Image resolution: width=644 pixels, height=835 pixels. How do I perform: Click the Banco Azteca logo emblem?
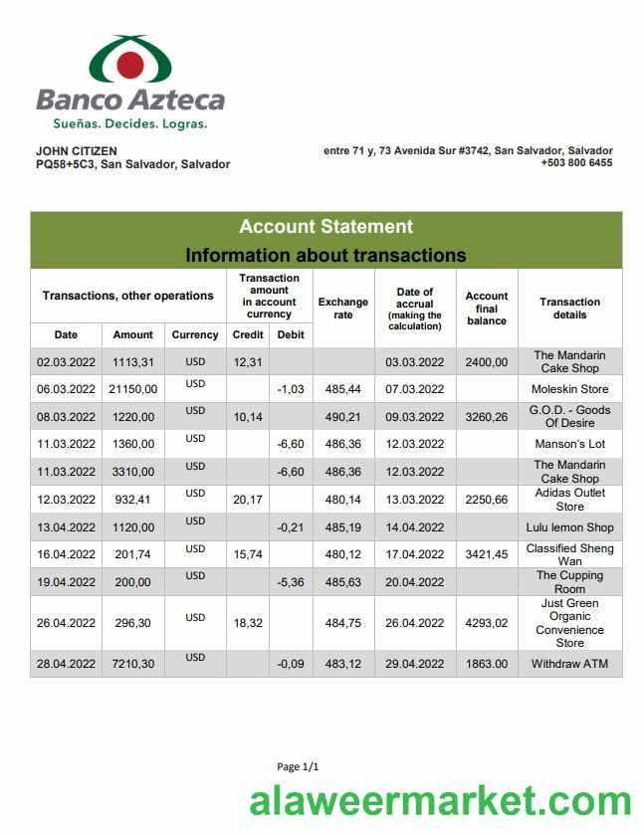pyautogui.click(x=130, y=61)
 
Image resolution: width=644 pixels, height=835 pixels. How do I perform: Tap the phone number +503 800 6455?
pyautogui.click(x=576, y=163)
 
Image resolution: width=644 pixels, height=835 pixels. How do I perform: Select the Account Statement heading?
pyautogui.click(x=325, y=227)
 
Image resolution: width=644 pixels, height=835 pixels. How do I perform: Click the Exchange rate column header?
pyautogui.click(x=342, y=309)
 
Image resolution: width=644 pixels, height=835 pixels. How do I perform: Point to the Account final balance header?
pyautogui.click(x=487, y=309)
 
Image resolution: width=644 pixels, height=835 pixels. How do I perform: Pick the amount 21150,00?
pyautogui.click(x=132, y=389)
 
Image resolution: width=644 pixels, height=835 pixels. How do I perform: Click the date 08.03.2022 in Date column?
pyautogui.click(x=66, y=417)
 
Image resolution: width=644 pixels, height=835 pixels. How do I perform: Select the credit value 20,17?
pyautogui.click(x=247, y=500)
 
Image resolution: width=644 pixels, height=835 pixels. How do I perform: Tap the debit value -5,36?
pyautogui.click(x=291, y=582)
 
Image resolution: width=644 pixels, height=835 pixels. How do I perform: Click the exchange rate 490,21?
pyautogui.click(x=342, y=417)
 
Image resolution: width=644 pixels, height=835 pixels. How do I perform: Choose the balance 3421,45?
pyautogui.click(x=487, y=554)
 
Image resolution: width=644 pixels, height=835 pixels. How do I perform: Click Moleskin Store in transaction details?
pyautogui.click(x=569, y=389)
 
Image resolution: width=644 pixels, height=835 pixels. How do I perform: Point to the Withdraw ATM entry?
pyautogui.click(x=569, y=664)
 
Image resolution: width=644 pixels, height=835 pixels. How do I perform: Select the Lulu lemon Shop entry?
pyautogui.click(x=569, y=527)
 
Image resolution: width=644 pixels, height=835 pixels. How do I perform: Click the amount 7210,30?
pyautogui.click(x=132, y=664)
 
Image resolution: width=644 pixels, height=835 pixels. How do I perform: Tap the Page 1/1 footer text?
pyautogui.click(x=298, y=766)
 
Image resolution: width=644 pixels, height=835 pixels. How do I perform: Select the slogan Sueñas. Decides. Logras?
pyautogui.click(x=130, y=124)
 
